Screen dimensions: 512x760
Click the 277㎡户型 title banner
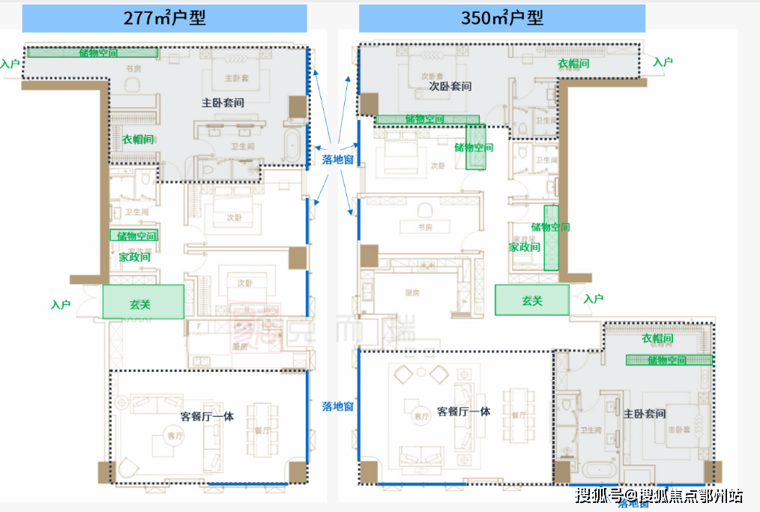coord(164,18)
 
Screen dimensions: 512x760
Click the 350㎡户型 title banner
coord(501,18)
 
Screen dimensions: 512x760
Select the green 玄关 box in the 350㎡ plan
coord(531,301)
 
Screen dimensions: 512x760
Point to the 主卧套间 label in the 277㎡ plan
coord(223,102)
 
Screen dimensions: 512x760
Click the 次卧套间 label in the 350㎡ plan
coord(450,86)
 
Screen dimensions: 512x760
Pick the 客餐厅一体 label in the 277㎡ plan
coord(207,416)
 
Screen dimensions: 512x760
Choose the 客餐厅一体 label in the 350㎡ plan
coord(463,412)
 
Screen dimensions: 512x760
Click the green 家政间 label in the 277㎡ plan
coord(134,256)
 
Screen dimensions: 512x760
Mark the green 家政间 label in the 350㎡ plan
coord(525,247)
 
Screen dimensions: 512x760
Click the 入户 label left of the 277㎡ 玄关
coord(61,305)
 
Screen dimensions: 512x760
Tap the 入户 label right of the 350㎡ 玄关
coord(593,298)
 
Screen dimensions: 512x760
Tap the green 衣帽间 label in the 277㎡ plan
coord(138,139)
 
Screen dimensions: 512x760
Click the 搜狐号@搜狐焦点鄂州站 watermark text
coord(659,495)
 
